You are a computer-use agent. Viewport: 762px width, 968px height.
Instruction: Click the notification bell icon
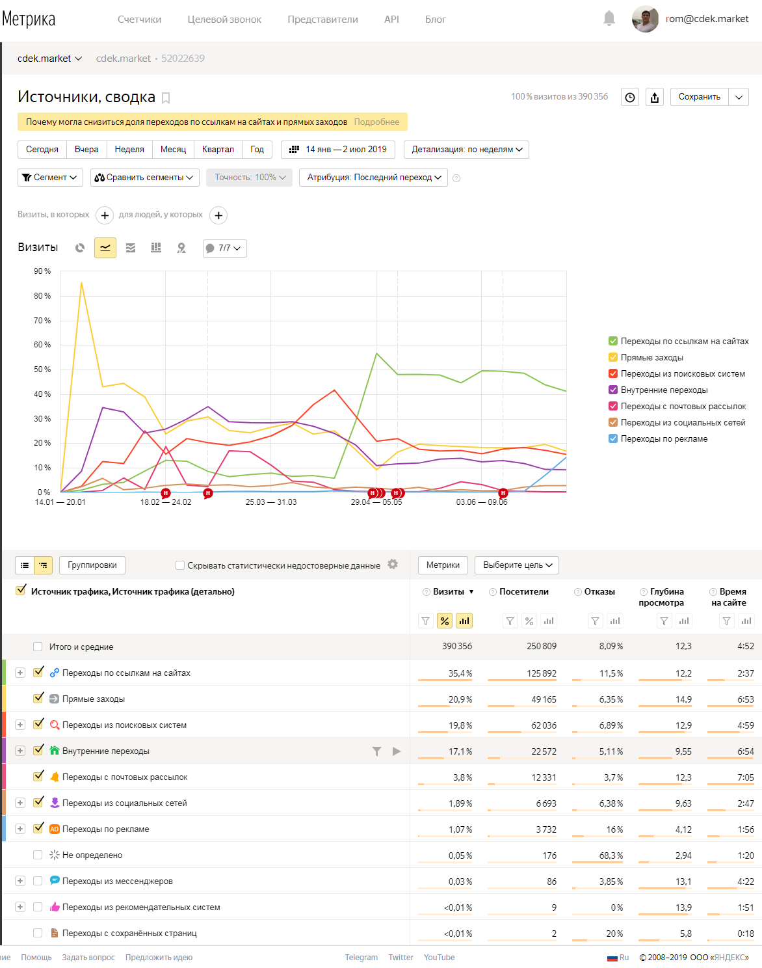pyautogui.click(x=609, y=19)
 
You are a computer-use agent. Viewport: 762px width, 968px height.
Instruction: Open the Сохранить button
pyautogui.click(x=699, y=97)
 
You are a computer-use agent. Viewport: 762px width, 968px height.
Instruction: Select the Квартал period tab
pyautogui.click(x=218, y=150)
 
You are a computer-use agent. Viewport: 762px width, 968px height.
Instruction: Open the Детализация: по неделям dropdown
pyautogui.click(x=466, y=150)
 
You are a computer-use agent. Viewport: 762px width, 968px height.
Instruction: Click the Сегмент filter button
pyautogui.click(x=50, y=177)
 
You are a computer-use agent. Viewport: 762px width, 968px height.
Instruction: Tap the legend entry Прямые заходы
pyautogui.click(x=651, y=357)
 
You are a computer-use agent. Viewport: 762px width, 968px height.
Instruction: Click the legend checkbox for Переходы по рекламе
pyautogui.click(x=612, y=438)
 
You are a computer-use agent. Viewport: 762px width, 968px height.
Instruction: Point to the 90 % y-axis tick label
pyautogui.click(x=42, y=271)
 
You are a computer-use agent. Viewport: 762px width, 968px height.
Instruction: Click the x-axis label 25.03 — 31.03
pyautogui.click(x=270, y=502)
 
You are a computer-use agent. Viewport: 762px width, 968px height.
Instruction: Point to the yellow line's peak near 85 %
pyautogui.click(x=81, y=282)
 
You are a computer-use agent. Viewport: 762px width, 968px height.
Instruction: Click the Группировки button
pyautogui.click(x=92, y=565)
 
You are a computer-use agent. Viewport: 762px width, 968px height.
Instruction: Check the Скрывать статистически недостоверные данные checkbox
pyautogui.click(x=180, y=565)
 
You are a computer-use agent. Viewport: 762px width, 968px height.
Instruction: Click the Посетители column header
pyautogui.click(x=523, y=591)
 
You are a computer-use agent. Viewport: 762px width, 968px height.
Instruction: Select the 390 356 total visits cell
pyautogui.click(x=457, y=646)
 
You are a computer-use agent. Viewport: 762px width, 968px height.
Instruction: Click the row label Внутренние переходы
pyautogui.click(x=105, y=751)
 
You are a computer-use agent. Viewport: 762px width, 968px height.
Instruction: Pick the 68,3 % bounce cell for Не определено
pyautogui.click(x=611, y=855)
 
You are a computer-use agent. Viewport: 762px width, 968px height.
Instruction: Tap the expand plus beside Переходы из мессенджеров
pyautogui.click(x=20, y=881)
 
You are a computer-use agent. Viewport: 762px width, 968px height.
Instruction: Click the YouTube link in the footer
pyautogui.click(x=439, y=957)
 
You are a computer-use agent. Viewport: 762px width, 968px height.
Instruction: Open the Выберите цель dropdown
pyautogui.click(x=516, y=565)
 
